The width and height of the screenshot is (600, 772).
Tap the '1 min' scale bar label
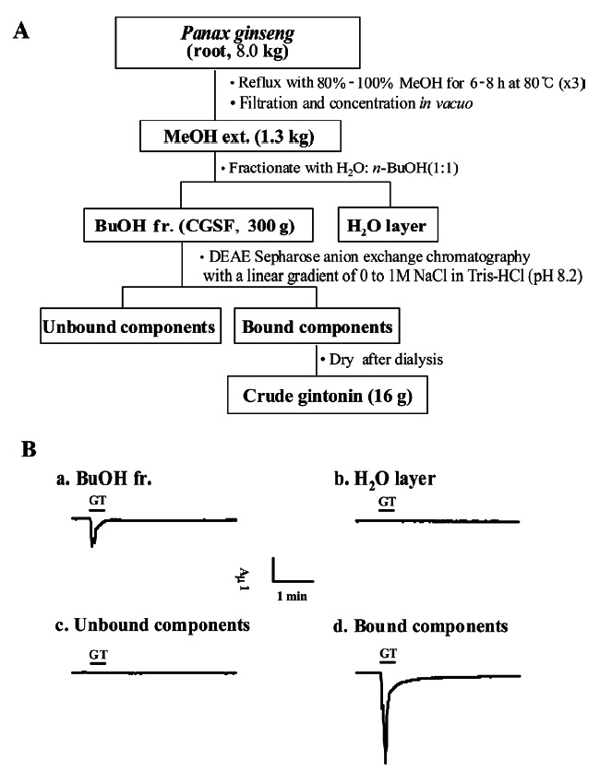(292, 597)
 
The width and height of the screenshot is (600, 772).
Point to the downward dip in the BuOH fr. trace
(92, 540)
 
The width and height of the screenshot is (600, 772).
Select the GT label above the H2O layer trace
(389, 502)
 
